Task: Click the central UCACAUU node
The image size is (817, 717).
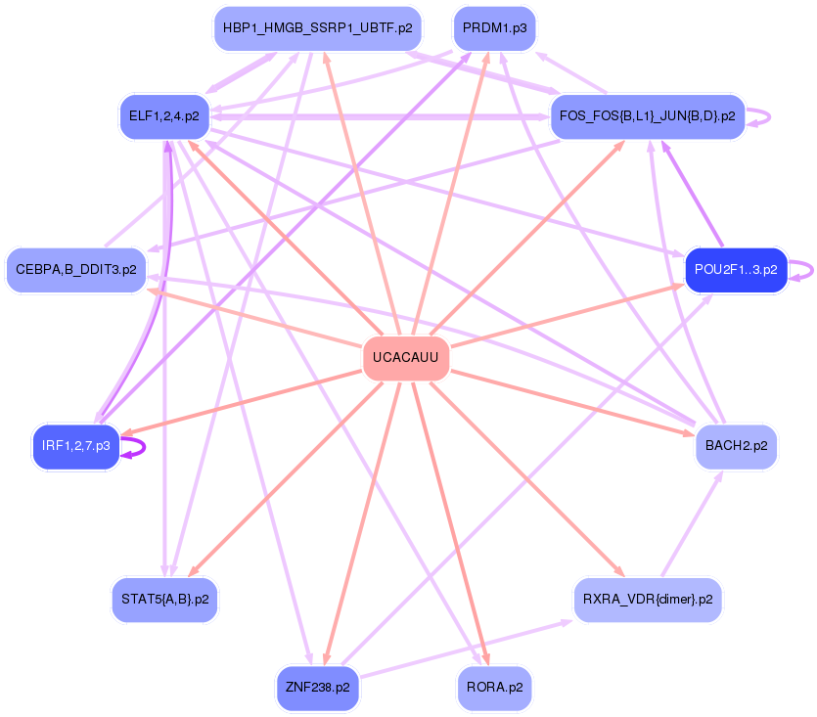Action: [406, 359]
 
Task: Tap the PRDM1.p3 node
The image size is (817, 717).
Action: [494, 28]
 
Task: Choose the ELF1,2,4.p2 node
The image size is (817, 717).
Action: [164, 116]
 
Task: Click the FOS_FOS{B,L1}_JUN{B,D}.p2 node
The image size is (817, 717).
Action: [647, 116]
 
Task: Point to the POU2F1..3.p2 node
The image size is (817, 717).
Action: [737, 269]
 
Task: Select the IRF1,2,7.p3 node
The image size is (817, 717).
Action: [76, 447]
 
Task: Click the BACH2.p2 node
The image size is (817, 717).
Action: [737, 447]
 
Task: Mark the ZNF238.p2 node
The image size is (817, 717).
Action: [318, 688]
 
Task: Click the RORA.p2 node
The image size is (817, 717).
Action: [494, 688]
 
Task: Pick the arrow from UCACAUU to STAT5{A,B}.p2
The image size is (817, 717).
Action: [284, 479]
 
